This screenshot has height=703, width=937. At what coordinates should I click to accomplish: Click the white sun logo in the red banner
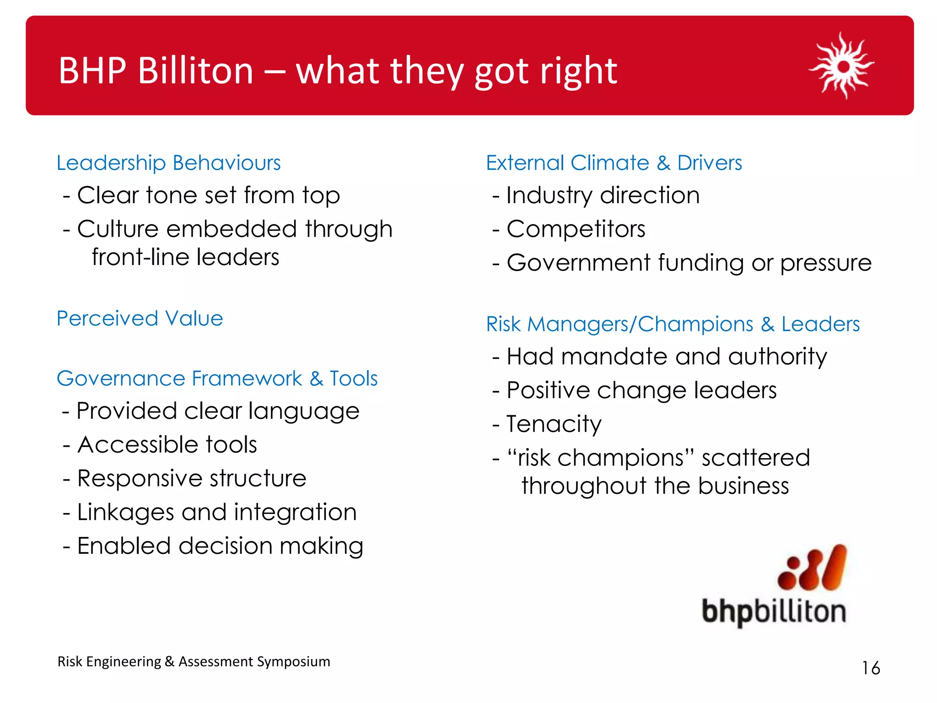point(842,66)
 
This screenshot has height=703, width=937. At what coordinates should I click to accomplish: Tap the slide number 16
point(871,668)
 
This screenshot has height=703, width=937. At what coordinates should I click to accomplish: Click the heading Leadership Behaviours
point(168,163)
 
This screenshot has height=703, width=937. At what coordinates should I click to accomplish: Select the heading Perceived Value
point(140,319)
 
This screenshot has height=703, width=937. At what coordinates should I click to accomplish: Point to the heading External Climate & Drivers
point(614,163)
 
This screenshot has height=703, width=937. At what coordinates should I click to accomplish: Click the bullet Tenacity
point(554,424)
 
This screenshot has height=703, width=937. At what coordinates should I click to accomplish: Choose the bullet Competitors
point(576,229)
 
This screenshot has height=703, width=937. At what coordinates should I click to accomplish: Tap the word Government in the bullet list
point(578,263)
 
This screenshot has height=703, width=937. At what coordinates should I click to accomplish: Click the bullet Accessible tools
point(167,445)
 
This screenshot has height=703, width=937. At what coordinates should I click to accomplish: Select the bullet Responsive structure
point(191,479)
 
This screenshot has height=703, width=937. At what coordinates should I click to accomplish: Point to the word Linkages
point(125,513)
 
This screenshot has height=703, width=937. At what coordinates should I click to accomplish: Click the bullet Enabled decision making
point(220,546)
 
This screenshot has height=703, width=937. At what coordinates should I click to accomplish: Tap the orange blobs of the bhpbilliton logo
point(812,568)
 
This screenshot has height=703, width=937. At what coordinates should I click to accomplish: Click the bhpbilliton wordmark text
point(774,612)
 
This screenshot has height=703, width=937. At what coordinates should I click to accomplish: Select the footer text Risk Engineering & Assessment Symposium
point(194,662)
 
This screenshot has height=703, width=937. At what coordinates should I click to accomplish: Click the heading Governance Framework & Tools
point(217,379)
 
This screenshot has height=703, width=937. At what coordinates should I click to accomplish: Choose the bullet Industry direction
point(603,195)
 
